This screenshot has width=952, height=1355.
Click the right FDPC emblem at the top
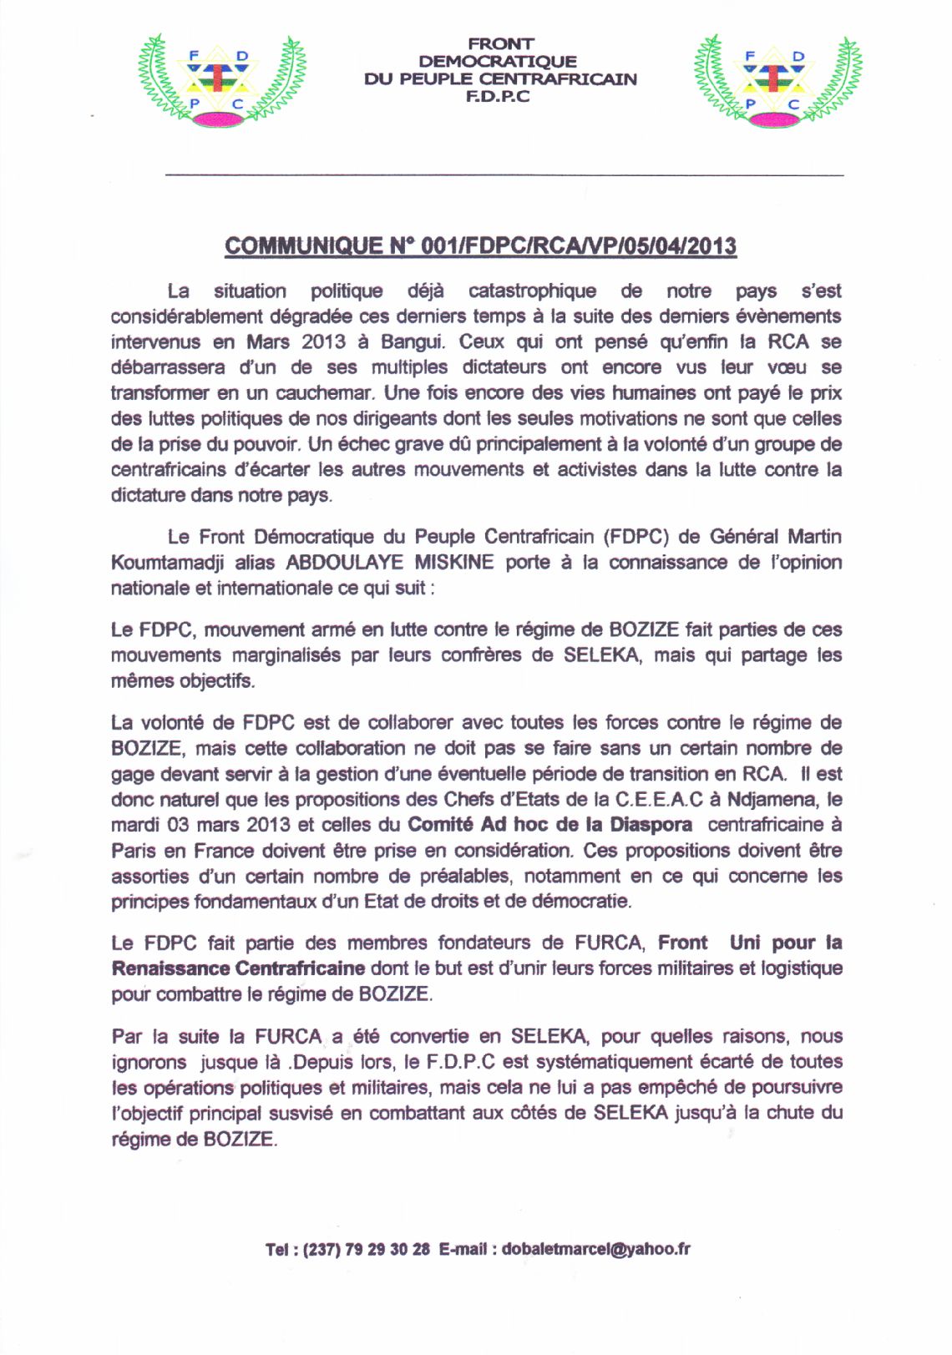pyautogui.click(x=776, y=81)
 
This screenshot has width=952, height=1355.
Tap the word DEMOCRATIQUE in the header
pyautogui.click(x=498, y=61)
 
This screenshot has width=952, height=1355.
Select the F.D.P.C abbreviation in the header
pyautogui.click(x=499, y=97)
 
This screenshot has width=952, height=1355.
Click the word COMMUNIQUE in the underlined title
pyautogui.click(x=303, y=246)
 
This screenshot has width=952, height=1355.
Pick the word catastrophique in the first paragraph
pyautogui.click(x=532, y=291)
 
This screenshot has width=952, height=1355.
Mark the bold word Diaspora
pyautogui.click(x=651, y=825)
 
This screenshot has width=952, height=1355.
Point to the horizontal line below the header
pyautogui.click(x=504, y=175)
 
